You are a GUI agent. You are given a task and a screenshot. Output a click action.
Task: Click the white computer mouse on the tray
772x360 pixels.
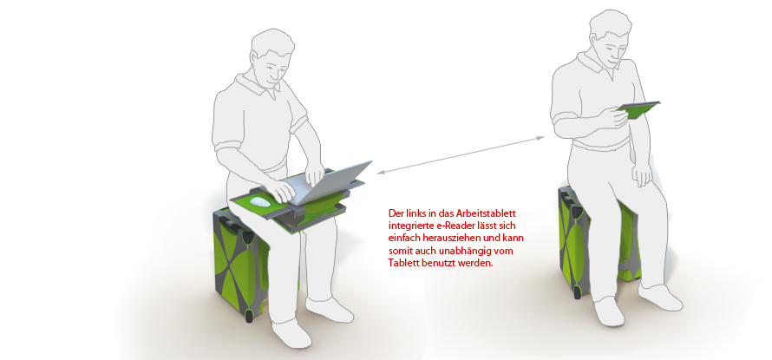tap(260, 201)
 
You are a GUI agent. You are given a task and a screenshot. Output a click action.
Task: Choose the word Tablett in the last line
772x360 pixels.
tap(402, 263)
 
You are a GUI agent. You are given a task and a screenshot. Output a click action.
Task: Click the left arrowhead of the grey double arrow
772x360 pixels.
tap(380, 173)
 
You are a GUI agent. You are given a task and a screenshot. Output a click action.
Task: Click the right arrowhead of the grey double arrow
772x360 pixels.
tap(541, 138)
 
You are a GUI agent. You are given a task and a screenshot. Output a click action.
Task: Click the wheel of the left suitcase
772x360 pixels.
tap(249, 314)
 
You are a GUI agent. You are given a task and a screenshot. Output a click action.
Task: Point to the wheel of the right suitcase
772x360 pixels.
tap(577, 292)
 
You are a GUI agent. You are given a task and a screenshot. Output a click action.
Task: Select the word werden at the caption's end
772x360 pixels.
tap(480, 263)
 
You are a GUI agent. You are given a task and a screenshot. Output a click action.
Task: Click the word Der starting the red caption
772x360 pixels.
tap(395, 213)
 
